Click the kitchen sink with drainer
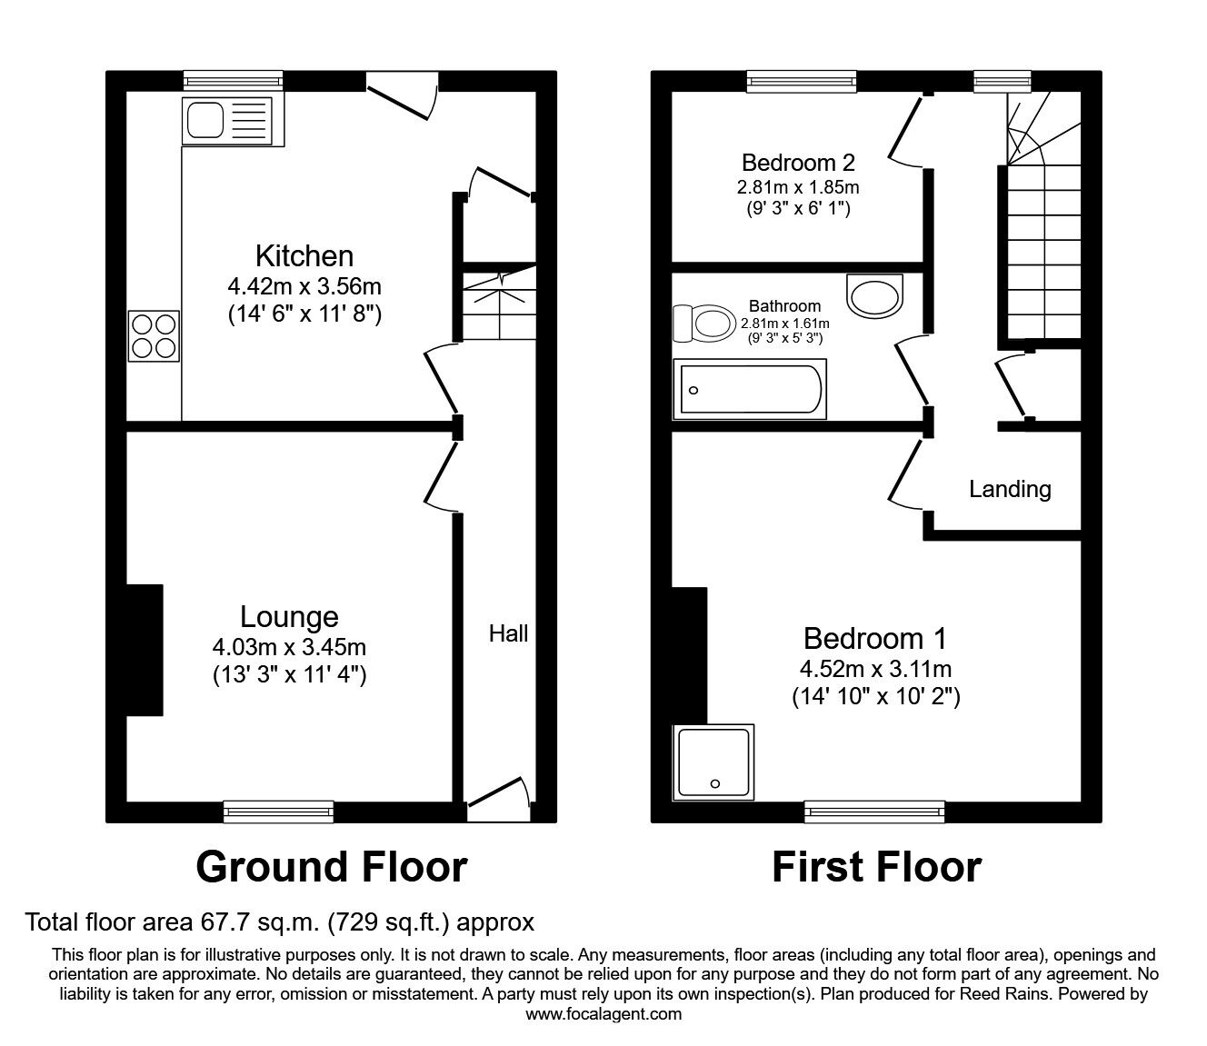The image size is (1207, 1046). pyautogui.click(x=233, y=121)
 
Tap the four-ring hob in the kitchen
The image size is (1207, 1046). pyautogui.click(x=155, y=336)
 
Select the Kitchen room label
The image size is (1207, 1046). pyautogui.click(x=304, y=256)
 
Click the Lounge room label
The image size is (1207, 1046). pyautogui.click(x=289, y=617)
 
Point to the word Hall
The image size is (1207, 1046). pyautogui.click(x=508, y=633)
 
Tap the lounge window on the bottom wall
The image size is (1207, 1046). pyautogui.click(x=278, y=812)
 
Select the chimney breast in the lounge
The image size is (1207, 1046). pyautogui.click(x=145, y=650)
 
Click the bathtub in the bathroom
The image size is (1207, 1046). pyautogui.click(x=750, y=389)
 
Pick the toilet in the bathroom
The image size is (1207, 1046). pyautogui.click(x=704, y=323)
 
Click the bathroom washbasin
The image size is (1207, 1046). pyautogui.click(x=874, y=296)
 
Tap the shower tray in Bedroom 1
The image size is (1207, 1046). pyautogui.click(x=713, y=762)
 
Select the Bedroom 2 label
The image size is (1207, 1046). pyautogui.click(x=798, y=163)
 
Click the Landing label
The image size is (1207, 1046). pyautogui.click(x=1010, y=489)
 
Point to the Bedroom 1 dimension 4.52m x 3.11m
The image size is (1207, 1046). pyautogui.click(x=876, y=669)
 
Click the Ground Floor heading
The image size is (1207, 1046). pyautogui.click(x=332, y=867)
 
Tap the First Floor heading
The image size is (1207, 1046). pyautogui.click(x=876, y=867)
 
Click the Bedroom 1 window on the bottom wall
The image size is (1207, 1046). pyautogui.click(x=874, y=812)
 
